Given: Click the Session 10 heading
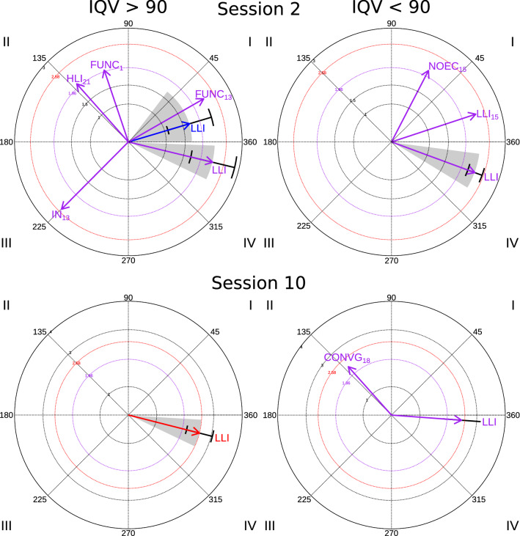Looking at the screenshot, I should pyautogui.click(x=260, y=284).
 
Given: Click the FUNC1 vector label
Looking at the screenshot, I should pyautogui.click(x=106, y=65).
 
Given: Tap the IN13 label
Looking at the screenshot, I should pyautogui.click(x=60, y=214).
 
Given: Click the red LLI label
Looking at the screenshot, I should pyautogui.click(x=223, y=438).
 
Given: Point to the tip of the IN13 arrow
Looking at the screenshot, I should pyautogui.click(x=61, y=209).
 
